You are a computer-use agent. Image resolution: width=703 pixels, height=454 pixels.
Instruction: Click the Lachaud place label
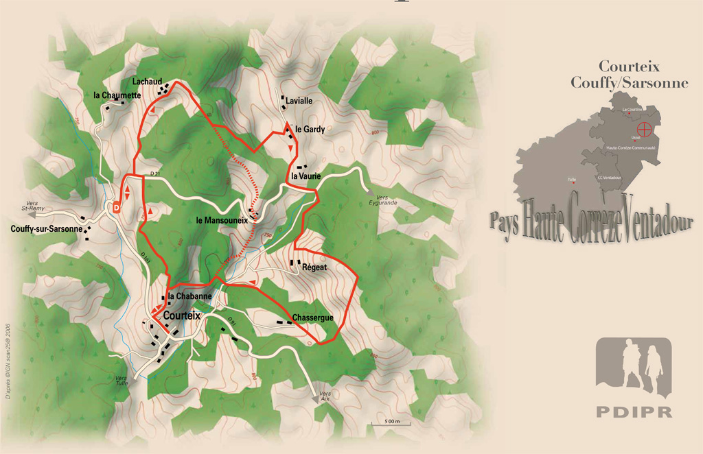(146, 82)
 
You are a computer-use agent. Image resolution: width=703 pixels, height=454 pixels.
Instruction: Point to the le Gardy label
(310, 129)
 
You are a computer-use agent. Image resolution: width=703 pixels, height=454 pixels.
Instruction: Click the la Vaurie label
(306, 176)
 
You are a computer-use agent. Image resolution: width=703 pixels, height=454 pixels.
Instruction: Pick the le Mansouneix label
(221, 220)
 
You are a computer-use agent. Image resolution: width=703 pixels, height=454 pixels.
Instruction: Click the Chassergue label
(312, 318)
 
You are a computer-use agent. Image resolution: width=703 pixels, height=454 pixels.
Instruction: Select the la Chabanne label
(189, 296)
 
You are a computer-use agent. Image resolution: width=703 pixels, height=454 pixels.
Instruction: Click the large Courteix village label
(183, 315)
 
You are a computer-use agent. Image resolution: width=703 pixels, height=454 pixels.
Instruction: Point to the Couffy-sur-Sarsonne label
(47, 229)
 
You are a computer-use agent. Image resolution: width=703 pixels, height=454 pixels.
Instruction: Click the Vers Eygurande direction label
(382, 200)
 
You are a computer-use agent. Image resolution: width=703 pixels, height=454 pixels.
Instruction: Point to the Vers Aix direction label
(325, 396)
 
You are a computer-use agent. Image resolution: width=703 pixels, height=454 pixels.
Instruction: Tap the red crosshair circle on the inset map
(645, 128)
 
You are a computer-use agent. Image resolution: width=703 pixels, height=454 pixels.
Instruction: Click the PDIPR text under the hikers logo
(634, 412)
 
